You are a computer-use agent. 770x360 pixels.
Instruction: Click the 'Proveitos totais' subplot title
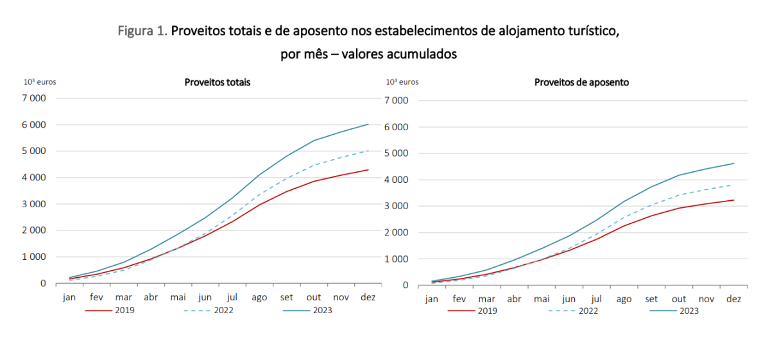pos(218,82)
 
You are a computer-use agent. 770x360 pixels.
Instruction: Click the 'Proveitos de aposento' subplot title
pos(581,82)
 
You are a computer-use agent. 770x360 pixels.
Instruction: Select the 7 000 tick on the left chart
pos(34,98)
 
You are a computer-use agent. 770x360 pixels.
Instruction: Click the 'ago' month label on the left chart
pos(259,297)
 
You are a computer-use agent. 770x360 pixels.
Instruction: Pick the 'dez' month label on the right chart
pos(733,299)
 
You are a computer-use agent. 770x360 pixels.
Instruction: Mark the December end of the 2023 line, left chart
pos(368,124)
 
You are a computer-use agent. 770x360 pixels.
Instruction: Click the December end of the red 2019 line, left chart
pos(368,170)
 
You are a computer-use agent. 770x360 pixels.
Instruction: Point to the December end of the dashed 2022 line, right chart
pos(733,185)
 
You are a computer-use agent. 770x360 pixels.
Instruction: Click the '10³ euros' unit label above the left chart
pos(40,82)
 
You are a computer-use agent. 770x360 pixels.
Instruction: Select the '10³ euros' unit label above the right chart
pos(402,82)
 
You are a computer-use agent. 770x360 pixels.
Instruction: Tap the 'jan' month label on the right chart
pos(432,299)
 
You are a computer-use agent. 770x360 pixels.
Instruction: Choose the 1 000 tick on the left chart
pos(34,257)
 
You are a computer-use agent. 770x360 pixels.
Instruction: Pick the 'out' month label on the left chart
pos(314,297)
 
